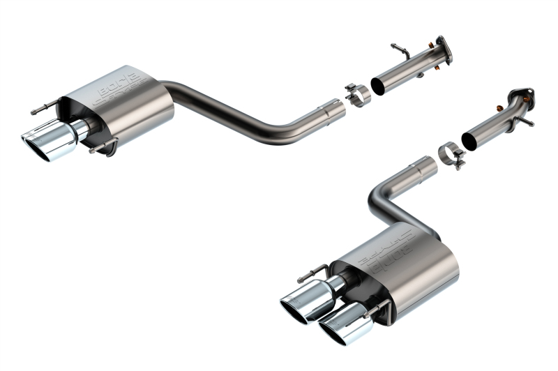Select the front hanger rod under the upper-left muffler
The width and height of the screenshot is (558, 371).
pos(103,146)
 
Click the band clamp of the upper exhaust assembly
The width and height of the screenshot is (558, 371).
pos(358,95)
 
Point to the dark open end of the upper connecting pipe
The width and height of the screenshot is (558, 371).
pos(377,86)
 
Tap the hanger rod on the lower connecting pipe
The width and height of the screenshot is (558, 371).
pos(525,120)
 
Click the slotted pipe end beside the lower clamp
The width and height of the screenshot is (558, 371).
pos(421,167)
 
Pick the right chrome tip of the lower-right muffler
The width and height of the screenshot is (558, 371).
pos(340,325)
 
